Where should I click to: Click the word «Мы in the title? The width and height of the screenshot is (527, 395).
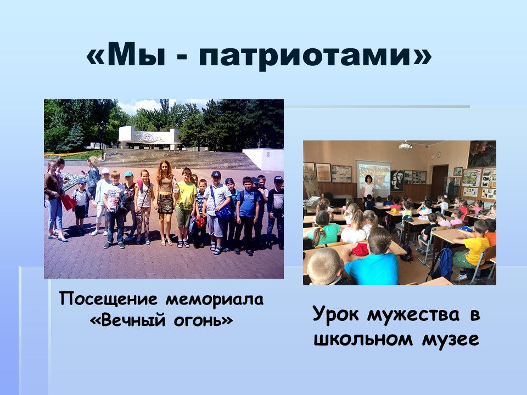click(126, 55)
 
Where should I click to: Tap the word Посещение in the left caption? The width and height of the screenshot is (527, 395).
click(108, 299)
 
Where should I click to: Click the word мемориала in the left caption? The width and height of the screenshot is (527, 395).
click(215, 299)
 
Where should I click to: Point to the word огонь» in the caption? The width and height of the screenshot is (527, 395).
click(203, 320)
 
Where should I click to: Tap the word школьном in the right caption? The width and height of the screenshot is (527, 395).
click(363, 339)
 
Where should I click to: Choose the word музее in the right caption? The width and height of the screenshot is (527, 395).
click(450, 340)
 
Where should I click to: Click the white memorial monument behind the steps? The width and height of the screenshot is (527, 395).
click(149, 137)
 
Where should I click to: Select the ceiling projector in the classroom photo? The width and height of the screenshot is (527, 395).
click(406, 145)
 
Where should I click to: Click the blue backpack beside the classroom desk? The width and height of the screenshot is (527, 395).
click(442, 264)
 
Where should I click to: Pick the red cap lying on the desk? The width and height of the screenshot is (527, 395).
click(360, 249)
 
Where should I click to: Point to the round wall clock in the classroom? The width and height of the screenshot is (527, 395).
click(439, 155)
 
